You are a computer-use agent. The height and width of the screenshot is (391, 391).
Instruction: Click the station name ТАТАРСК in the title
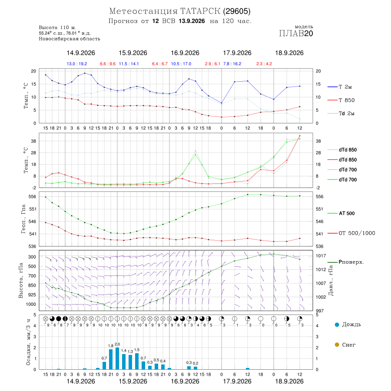[x=200, y=11]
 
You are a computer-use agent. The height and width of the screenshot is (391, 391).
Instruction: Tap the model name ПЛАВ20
[x=296, y=33]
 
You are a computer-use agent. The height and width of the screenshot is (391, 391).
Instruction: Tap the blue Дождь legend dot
[x=337, y=325]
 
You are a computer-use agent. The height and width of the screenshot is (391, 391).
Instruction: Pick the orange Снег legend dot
[x=337, y=345]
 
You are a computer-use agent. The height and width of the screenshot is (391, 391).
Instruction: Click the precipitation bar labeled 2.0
[x=117, y=358]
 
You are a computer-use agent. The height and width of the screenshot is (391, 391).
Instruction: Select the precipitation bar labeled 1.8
[x=111, y=359]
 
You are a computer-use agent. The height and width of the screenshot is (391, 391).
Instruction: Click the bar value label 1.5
[x=137, y=350]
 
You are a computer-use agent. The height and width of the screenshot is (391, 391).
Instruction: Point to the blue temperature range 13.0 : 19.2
[x=77, y=64]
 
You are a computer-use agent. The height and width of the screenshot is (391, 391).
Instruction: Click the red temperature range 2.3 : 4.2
[x=264, y=64]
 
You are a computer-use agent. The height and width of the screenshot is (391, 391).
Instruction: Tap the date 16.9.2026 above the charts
[x=185, y=53]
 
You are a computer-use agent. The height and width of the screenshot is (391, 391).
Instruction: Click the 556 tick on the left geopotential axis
[x=33, y=196]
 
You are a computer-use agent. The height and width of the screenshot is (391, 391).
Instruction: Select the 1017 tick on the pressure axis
[x=321, y=255]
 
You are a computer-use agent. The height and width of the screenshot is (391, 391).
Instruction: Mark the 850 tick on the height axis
[x=32, y=285]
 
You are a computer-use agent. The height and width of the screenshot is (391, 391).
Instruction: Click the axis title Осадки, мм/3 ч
[x=28, y=342]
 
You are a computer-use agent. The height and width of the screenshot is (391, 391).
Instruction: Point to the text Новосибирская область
[x=70, y=39]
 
